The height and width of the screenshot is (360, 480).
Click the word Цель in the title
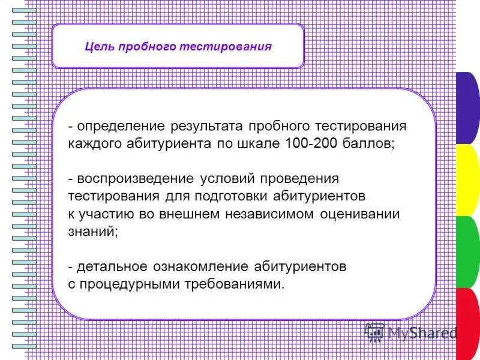pos(97,47)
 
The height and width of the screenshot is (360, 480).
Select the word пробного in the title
pos(144,47)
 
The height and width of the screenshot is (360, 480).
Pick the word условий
pos(230,179)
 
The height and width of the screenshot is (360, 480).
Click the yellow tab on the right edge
pos(467,180)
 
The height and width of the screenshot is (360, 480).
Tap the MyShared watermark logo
pos(410,332)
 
